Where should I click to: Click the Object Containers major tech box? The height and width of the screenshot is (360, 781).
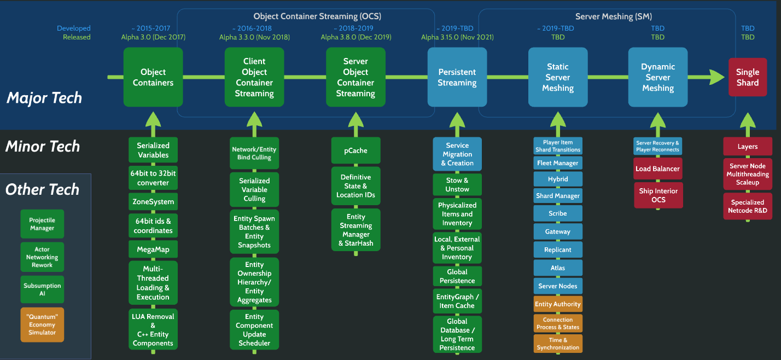tap(153, 77)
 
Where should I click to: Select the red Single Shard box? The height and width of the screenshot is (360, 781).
tap(748, 77)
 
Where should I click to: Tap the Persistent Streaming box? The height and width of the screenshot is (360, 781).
tap(457, 77)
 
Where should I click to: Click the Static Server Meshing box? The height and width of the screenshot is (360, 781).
tap(558, 77)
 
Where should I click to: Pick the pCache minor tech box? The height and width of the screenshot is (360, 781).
tap(355, 150)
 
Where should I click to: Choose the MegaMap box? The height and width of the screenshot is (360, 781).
tap(153, 249)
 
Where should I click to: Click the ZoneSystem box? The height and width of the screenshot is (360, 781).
tap(153, 202)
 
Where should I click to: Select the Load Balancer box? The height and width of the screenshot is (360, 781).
tap(657, 169)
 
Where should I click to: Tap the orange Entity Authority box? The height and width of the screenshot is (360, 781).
tap(558, 304)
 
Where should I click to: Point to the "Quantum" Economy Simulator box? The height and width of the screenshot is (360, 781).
tap(42, 324)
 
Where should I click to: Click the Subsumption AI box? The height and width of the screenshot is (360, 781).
tap(42, 289)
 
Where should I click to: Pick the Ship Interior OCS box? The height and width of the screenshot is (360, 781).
tap(658, 195)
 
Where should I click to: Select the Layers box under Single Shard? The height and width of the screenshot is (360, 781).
tap(748, 147)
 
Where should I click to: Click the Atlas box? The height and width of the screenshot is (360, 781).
tap(558, 268)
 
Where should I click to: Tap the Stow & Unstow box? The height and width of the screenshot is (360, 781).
tap(457, 184)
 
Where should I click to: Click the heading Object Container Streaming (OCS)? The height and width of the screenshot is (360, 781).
tap(317, 16)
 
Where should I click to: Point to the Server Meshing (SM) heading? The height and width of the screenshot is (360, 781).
tap(614, 16)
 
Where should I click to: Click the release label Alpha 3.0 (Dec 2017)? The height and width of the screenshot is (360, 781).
tap(153, 37)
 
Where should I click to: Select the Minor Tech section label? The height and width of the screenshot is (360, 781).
tap(43, 146)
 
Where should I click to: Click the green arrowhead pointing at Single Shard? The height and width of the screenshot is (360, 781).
tap(717, 77)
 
